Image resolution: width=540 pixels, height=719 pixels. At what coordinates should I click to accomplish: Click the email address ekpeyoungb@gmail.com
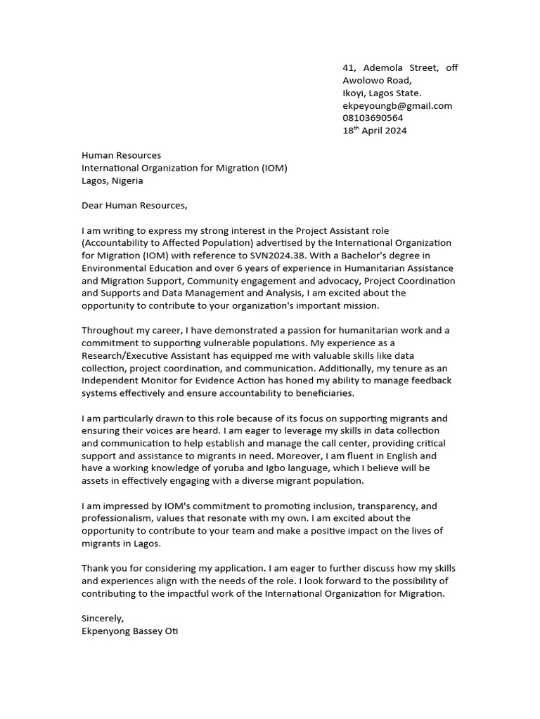397,106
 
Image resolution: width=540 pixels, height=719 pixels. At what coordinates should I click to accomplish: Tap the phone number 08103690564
373,118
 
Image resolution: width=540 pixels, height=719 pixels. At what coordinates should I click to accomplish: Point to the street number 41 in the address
348,68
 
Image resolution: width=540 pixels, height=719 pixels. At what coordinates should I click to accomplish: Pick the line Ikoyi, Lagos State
382,93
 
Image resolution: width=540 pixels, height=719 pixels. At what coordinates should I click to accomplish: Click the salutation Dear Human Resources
135,206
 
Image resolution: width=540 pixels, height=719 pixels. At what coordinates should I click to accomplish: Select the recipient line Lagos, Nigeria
112,180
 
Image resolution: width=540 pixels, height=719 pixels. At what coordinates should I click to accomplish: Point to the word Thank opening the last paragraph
96,568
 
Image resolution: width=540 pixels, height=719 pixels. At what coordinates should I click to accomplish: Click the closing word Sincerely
103,619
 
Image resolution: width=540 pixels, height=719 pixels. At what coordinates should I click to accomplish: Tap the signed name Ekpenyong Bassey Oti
130,631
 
